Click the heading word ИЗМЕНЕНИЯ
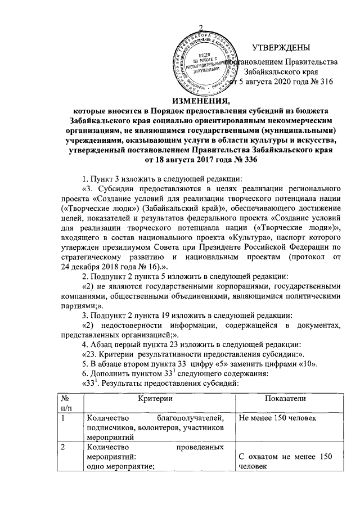[179, 101]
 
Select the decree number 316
[327, 82]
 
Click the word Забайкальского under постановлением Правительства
[272, 72]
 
